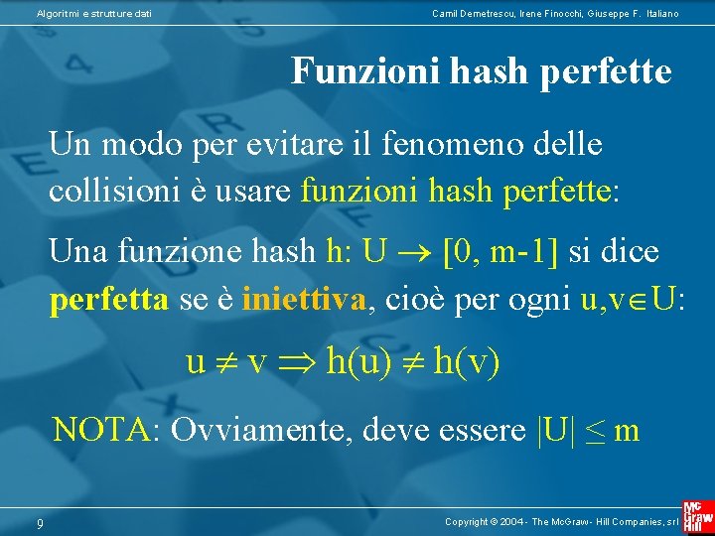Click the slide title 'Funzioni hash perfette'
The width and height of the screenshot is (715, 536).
(x=482, y=71)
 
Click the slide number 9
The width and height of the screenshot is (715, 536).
(x=39, y=522)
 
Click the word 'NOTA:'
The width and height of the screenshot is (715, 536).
(x=107, y=430)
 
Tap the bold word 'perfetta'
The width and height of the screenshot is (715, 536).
(x=109, y=297)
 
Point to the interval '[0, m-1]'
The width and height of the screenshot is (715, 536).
(x=500, y=252)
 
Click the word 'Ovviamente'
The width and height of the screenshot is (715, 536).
(x=260, y=430)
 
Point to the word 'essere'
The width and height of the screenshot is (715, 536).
(x=481, y=430)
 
